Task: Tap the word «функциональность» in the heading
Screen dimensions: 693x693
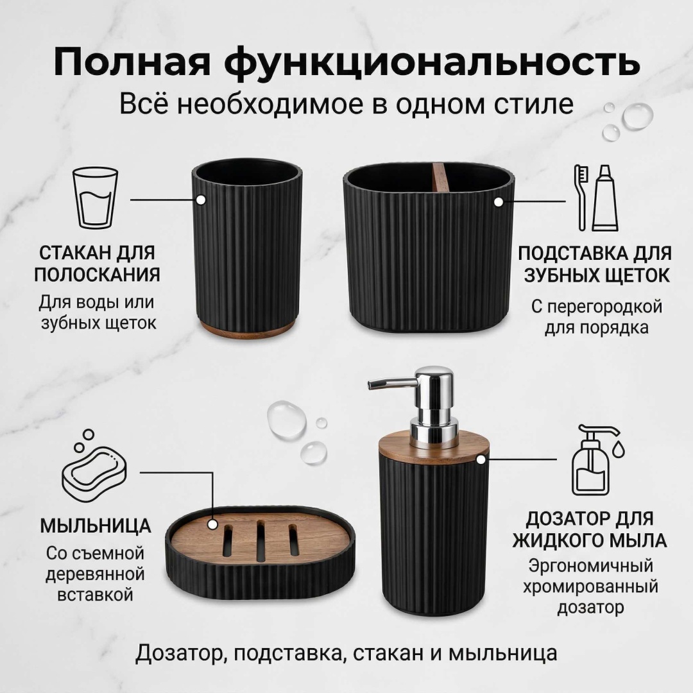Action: [x=432, y=63]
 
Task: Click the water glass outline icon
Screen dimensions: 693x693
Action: [x=95, y=197]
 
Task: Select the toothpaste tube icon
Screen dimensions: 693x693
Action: [x=605, y=198]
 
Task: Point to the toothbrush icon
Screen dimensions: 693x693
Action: [x=581, y=198]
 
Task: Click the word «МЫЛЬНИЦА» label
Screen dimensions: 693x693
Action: [x=96, y=526]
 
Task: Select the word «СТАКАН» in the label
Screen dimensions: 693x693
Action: [x=75, y=253]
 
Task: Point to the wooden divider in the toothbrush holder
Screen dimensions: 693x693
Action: [x=439, y=177]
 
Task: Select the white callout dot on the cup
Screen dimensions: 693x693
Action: [x=201, y=200]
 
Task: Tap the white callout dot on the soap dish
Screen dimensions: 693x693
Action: [x=212, y=525]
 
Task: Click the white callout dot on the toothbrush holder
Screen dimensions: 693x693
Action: [x=499, y=202]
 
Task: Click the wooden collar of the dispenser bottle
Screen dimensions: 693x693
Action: [x=434, y=449]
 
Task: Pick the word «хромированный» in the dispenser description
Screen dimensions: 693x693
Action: [x=590, y=587]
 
